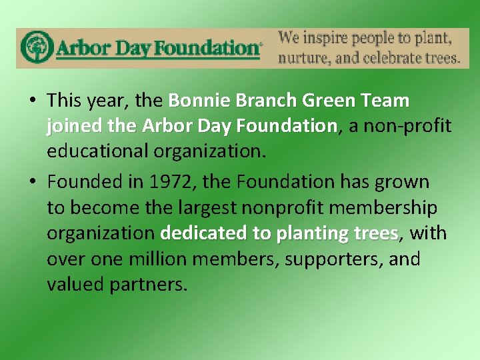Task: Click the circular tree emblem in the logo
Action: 36,48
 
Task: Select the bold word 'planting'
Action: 311,233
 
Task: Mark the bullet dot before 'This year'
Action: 33,101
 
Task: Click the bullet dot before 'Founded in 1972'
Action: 33,182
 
